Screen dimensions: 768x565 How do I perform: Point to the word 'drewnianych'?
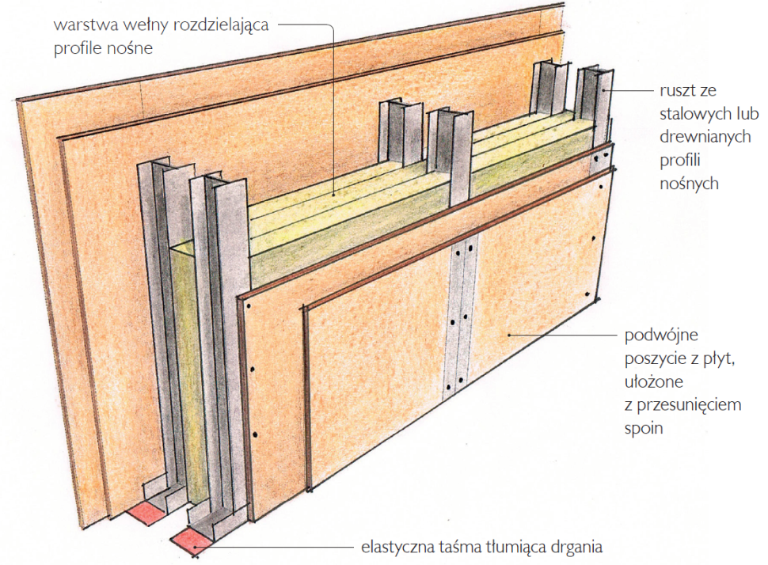coord(705,137)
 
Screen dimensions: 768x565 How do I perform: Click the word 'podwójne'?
coord(661,336)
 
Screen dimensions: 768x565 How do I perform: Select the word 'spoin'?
coord(644,429)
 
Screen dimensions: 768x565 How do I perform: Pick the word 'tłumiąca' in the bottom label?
coord(515,547)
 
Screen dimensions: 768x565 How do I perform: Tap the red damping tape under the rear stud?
coord(146,514)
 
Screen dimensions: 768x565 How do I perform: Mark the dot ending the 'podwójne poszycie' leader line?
coord(509,336)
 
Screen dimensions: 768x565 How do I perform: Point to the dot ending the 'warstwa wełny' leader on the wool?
coord(334,195)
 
